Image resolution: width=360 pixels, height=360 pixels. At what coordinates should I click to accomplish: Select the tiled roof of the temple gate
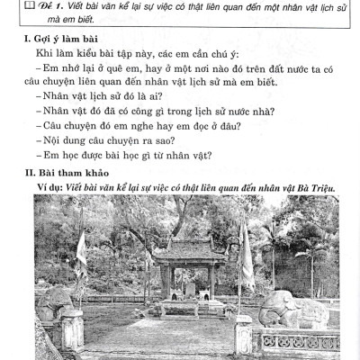[184, 247]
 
